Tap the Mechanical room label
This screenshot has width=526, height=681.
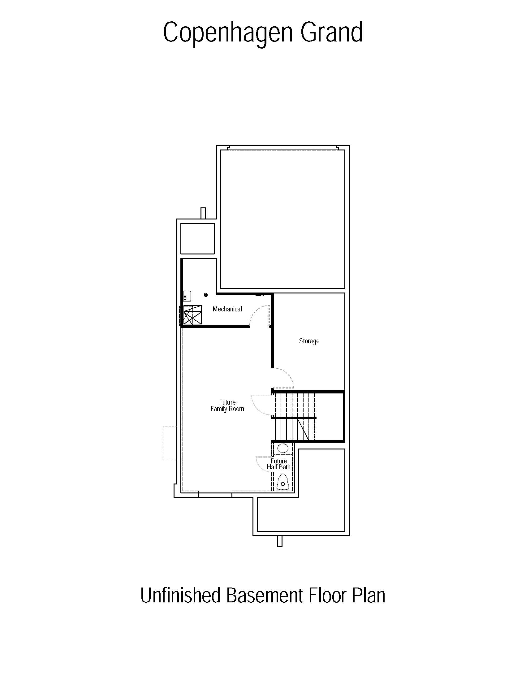(x=227, y=309)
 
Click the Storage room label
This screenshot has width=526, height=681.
(x=309, y=341)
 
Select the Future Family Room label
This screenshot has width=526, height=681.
(x=227, y=406)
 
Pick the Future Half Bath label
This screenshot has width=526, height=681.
(x=278, y=464)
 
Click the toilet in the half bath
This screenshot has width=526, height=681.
(x=283, y=482)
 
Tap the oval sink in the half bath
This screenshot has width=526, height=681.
(x=282, y=449)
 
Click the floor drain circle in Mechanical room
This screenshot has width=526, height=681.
(x=206, y=295)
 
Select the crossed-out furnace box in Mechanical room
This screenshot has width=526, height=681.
(x=192, y=315)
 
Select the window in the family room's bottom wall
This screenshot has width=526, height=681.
(x=215, y=495)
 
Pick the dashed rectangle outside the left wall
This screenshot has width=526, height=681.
(x=170, y=443)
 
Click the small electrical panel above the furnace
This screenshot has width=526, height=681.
(x=187, y=296)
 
